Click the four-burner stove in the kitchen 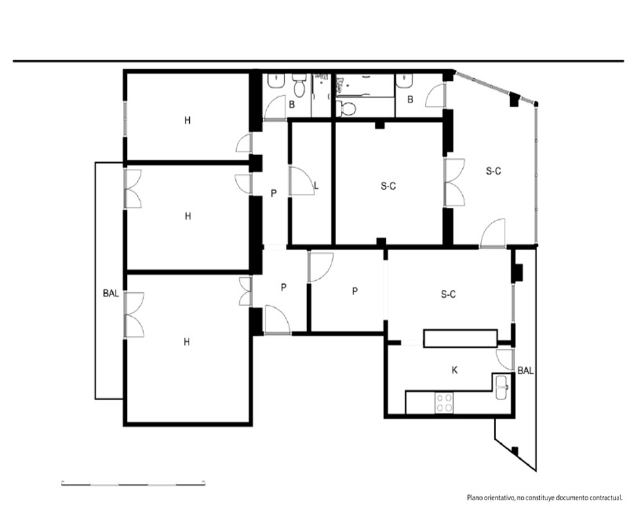[x=444, y=403]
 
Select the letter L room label [x=316, y=186]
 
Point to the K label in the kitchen [x=454, y=370]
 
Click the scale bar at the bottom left [x=133, y=484]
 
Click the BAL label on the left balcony [x=111, y=293]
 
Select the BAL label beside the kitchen [x=526, y=371]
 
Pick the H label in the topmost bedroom [x=188, y=121]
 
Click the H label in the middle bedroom [x=188, y=216]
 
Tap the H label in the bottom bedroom [x=187, y=342]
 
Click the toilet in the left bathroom [x=299, y=85]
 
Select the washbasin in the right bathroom [x=404, y=81]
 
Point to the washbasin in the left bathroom [x=277, y=81]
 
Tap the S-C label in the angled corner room [x=494, y=171]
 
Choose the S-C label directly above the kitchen [x=449, y=294]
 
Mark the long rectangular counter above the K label [x=460, y=339]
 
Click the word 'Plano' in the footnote [x=474, y=498]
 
